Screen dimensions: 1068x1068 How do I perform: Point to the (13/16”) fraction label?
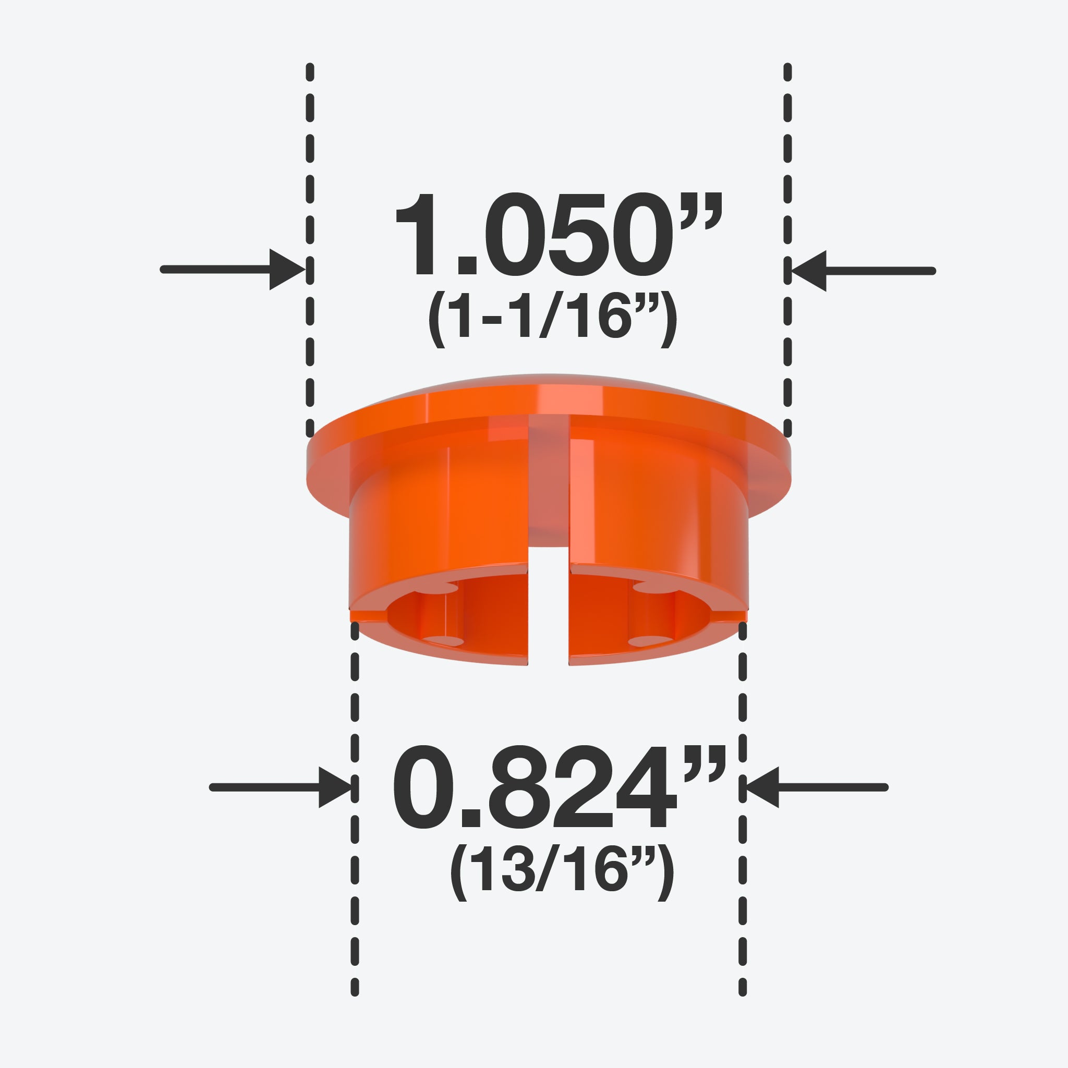[x=562, y=872]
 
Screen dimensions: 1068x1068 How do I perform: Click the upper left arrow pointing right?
[x=233, y=269]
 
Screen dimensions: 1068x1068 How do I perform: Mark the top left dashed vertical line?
[x=310, y=250]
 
